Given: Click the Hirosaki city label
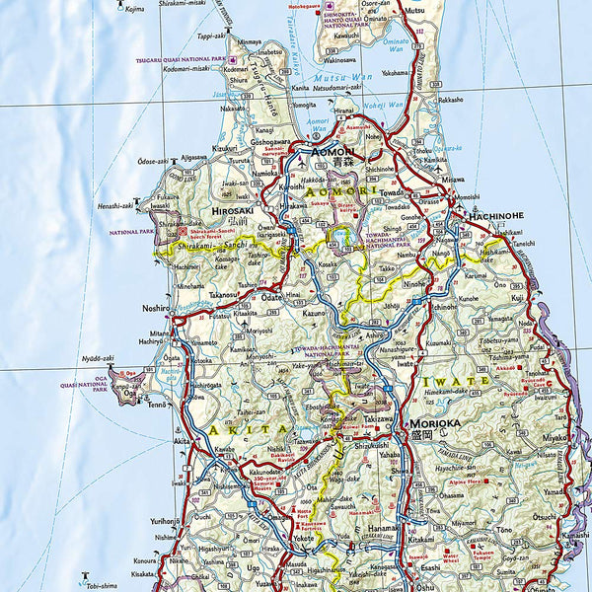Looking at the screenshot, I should [x=234, y=210].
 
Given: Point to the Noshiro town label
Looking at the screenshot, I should [x=156, y=308].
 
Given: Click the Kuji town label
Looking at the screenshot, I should [x=517, y=297].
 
